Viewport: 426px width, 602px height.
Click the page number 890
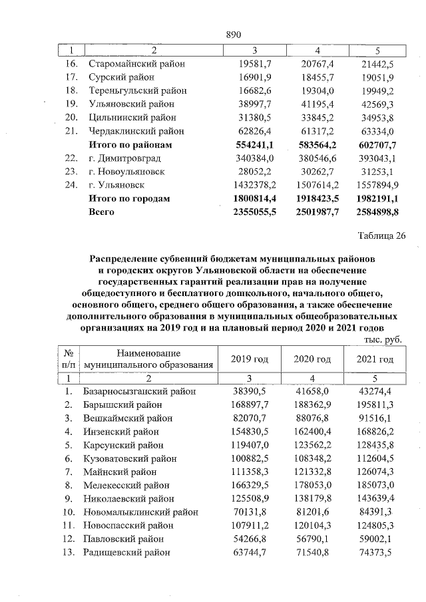coord(232,35)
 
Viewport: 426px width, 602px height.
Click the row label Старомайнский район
coord(136,64)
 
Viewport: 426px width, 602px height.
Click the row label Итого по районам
coord(130,144)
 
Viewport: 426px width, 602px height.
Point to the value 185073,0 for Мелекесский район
coord(375,486)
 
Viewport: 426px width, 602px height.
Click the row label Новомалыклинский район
coord(140,512)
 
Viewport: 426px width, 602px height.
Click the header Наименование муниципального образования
coord(148,359)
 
